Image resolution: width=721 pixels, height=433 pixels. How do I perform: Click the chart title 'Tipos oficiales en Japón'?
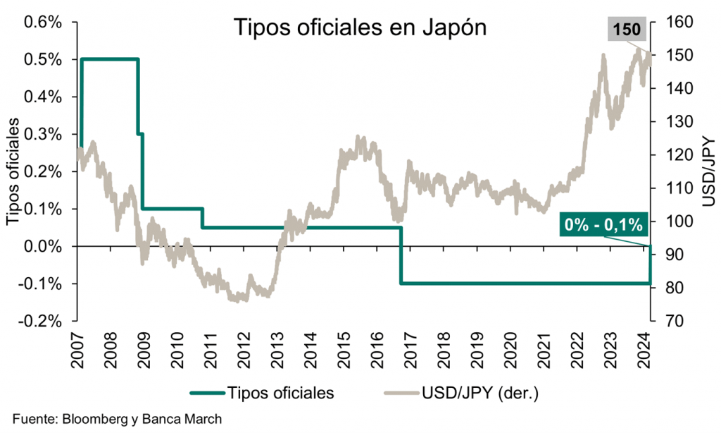[x=360, y=28]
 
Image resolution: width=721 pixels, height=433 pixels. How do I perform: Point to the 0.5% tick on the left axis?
[x=44, y=59]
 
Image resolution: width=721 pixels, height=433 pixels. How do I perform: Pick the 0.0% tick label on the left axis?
[x=44, y=246]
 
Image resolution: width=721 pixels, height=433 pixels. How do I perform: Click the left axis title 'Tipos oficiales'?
[x=13, y=173]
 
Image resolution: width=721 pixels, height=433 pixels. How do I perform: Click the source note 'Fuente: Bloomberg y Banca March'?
[x=117, y=417]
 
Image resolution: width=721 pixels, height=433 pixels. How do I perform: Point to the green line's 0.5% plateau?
[x=110, y=59]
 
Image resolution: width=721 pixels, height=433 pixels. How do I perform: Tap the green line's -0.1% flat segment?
[x=521, y=283]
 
